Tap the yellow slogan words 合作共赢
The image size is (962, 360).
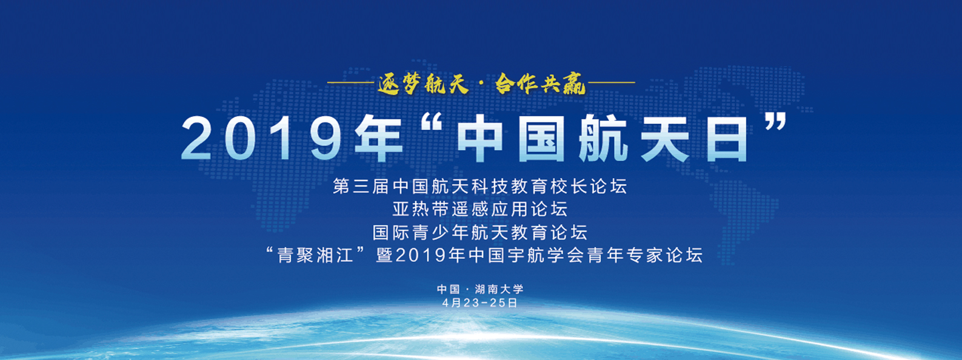(x=541, y=84)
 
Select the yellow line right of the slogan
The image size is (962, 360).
(x=610, y=82)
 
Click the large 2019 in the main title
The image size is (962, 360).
(x=261, y=138)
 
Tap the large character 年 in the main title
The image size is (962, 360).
(x=378, y=138)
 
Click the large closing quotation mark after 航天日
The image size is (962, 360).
(x=776, y=122)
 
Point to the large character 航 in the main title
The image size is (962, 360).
(x=604, y=138)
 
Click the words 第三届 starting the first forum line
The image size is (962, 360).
(x=361, y=187)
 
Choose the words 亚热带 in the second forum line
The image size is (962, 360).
(x=421, y=209)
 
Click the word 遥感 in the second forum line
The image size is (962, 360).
(x=470, y=209)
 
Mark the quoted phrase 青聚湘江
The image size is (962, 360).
(x=315, y=255)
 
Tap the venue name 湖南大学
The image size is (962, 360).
(x=499, y=289)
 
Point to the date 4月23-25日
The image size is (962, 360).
(x=480, y=303)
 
